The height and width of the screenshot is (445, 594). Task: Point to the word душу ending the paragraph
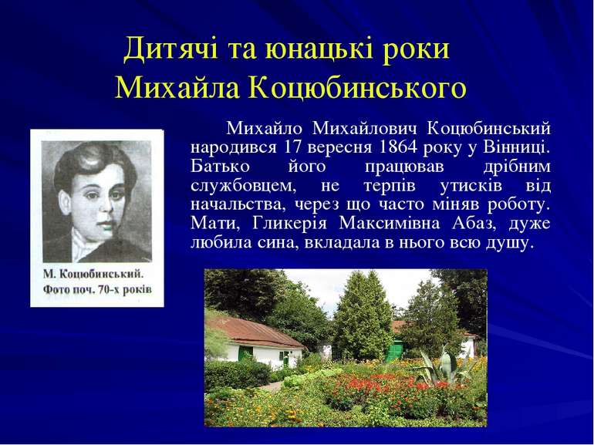click(508, 243)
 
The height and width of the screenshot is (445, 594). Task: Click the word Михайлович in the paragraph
click(362, 127)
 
